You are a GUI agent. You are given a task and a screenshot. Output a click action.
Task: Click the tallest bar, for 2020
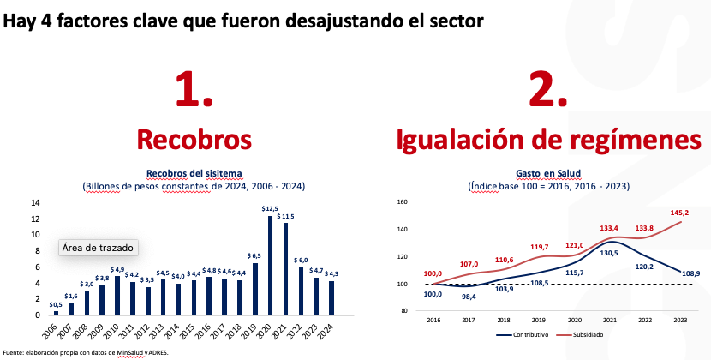pos(271,266)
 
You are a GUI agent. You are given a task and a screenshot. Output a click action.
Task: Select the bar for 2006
pos(56,312)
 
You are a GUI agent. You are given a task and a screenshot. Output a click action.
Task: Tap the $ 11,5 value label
pos(286,216)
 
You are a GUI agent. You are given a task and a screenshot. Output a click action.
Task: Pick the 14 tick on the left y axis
pos(35,203)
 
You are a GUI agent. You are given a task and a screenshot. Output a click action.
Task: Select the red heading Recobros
pos(194,139)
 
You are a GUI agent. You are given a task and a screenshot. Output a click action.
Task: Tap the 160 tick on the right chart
pos(402,203)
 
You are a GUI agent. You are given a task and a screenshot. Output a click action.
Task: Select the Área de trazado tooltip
pos(97,247)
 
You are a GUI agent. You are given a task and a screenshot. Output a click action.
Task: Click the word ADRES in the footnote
pos(157,352)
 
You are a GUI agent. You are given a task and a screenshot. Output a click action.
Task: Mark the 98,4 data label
pos(469,296)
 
